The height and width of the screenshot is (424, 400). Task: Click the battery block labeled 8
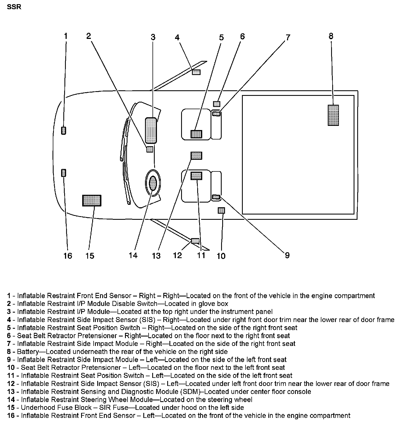tap(333, 115)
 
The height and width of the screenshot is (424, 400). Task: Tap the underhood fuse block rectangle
tap(92, 200)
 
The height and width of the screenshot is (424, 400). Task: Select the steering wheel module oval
tap(153, 183)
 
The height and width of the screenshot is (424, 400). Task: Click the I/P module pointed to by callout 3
tap(151, 130)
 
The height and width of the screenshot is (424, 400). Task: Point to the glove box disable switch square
tap(149, 149)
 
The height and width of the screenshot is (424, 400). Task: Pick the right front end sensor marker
tap(64, 130)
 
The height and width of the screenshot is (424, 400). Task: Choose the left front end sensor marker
tap(64, 173)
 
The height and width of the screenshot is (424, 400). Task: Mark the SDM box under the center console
tap(196, 156)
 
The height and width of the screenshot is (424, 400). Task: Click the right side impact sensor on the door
tap(196, 72)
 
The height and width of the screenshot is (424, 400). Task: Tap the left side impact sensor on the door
tap(196, 241)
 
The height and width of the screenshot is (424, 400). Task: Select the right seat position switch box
tap(196, 134)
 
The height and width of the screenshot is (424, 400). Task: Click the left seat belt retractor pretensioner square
tap(221, 210)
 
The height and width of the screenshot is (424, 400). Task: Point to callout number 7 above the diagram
tap(288, 37)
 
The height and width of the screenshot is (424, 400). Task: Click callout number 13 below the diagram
tap(156, 255)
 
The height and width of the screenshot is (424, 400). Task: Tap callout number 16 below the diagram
tap(67, 255)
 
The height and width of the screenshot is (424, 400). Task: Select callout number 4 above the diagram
tap(177, 37)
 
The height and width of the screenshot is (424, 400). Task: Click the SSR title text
tap(14, 7)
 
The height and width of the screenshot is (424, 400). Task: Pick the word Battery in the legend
tap(27, 352)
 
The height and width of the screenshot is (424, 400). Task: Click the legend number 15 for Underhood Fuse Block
tap(11, 408)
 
